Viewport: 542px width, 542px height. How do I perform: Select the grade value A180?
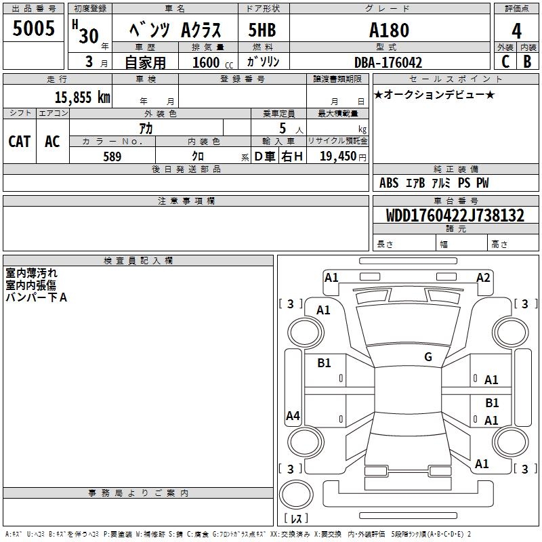tap(388, 30)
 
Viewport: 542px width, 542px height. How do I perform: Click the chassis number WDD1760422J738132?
tap(455, 215)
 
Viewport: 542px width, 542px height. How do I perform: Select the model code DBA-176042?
tap(388, 63)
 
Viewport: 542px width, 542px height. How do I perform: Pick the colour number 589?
tap(112, 157)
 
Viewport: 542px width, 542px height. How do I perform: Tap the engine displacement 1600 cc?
tap(207, 63)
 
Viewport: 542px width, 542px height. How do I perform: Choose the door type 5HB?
tap(262, 30)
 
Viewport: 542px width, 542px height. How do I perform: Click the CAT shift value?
tap(19, 142)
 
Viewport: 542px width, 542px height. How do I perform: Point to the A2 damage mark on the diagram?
tap(483, 277)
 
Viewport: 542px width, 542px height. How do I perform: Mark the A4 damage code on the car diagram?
tap(293, 416)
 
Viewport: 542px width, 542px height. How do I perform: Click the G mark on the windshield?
tap(428, 357)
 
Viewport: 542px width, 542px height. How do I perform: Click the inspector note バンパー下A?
tap(37, 297)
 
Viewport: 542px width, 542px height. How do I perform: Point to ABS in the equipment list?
tap(389, 183)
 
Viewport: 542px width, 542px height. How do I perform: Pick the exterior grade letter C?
tap(505, 62)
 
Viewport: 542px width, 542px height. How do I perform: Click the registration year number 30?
tap(89, 36)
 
